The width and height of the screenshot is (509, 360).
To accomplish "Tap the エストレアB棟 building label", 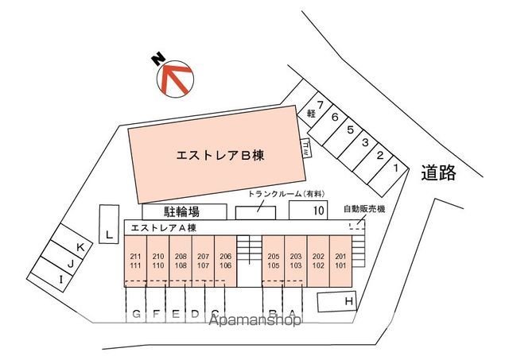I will pyautogui.click(x=220, y=156).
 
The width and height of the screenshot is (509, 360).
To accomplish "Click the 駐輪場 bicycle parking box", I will pyautogui.click(x=181, y=211).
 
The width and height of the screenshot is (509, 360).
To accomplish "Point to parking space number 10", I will pyautogui.click(x=308, y=211).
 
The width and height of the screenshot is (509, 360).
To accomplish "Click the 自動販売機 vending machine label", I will pyautogui.click(x=364, y=209).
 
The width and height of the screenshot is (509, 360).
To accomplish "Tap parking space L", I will pyautogui.click(x=107, y=233).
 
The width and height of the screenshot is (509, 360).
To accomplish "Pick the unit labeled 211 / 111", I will pyautogui.click(x=136, y=260).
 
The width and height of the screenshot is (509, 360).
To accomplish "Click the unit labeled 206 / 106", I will pyautogui.click(x=226, y=260).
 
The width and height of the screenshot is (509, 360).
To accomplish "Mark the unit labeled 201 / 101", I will pyautogui.click(x=340, y=260).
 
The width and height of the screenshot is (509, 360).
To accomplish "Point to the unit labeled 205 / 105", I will pyautogui.click(x=273, y=260).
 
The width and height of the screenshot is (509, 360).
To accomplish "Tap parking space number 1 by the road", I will pyautogui.click(x=395, y=167).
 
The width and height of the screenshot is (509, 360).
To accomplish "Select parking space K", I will pyautogui.click(x=80, y=247).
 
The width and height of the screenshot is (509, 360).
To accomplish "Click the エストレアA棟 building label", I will pyautogui.click(x=163, y=228).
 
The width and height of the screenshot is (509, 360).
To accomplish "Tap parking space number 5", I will pyautogui.click(x=350, y=130).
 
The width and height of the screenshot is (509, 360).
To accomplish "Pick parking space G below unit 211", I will pyautogui.click(x=137, y=313).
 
